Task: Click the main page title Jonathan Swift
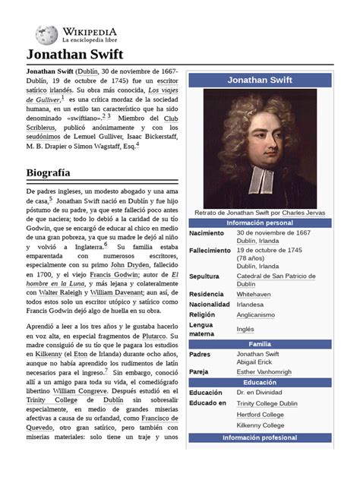[70, 54]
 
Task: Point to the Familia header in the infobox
[260, 344]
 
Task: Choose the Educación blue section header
[260, 382]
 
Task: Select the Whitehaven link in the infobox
[254, 293]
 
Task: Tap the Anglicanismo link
[256, 314]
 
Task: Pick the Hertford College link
[261, 415]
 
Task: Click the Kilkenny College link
[260, 426]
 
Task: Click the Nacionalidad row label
[210, 304]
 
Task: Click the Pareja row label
[201, 371]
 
